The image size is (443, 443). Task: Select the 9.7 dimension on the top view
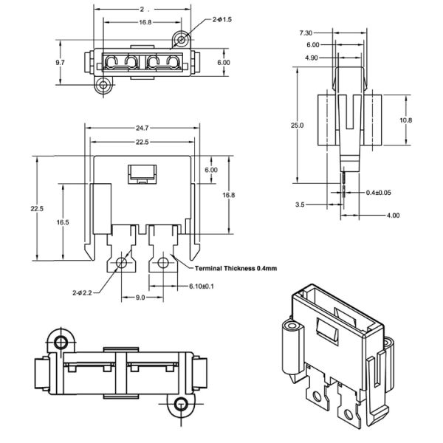pos(60,63)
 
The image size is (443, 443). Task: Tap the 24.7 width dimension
pos(142,128)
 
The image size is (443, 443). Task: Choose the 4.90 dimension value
pos(311,57)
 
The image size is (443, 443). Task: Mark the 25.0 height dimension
pos(297,126)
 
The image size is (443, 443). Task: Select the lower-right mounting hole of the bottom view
pos(179,404)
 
